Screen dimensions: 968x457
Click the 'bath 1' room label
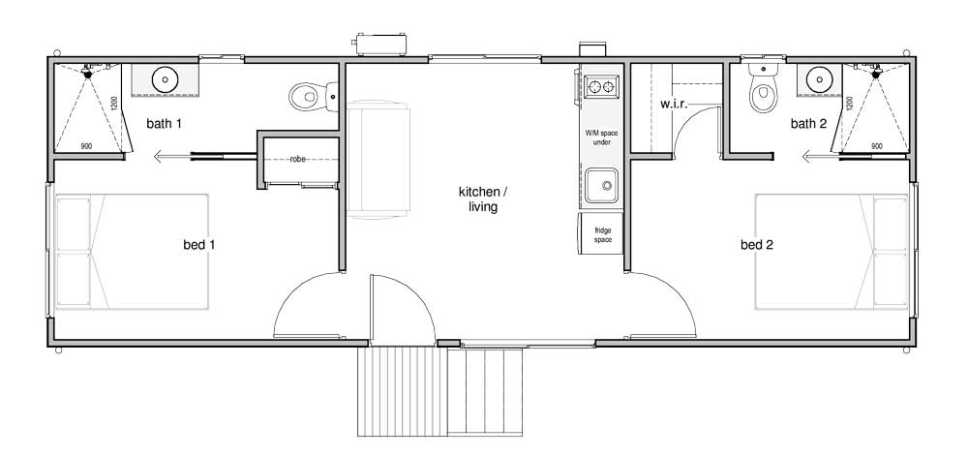[x=165, y=124]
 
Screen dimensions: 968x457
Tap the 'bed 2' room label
[x=757, y=245]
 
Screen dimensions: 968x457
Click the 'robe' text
[x=298, y=159]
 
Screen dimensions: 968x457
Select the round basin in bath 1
[x=165, y=79]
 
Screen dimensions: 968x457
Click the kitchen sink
[x=601, y=185]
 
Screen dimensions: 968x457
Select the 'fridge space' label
[x=603, y=235]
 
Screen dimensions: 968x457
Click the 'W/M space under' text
[x=601, y=137]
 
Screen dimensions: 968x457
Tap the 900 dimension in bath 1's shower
[x=86, y=146]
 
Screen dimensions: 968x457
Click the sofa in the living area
[x=378, y=160]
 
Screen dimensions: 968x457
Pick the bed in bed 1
[x=132, y=252]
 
